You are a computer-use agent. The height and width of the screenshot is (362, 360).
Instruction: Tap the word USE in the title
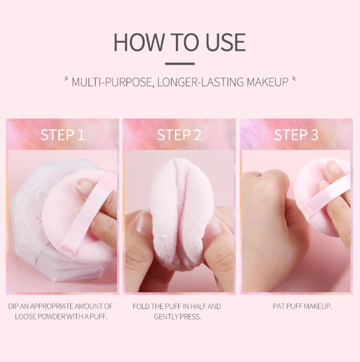pos(226,42)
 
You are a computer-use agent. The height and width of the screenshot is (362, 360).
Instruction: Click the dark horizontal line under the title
pos(180,64)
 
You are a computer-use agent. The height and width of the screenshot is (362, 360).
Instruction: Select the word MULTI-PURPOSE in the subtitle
pos(112,82)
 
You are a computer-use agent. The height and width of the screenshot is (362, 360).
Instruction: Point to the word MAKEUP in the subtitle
pos(267,82)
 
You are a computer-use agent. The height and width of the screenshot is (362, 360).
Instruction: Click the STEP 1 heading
pos(63,135)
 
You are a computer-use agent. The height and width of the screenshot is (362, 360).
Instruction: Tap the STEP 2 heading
pos(179,135)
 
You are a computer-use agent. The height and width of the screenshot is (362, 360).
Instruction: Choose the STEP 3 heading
pos(296,135)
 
